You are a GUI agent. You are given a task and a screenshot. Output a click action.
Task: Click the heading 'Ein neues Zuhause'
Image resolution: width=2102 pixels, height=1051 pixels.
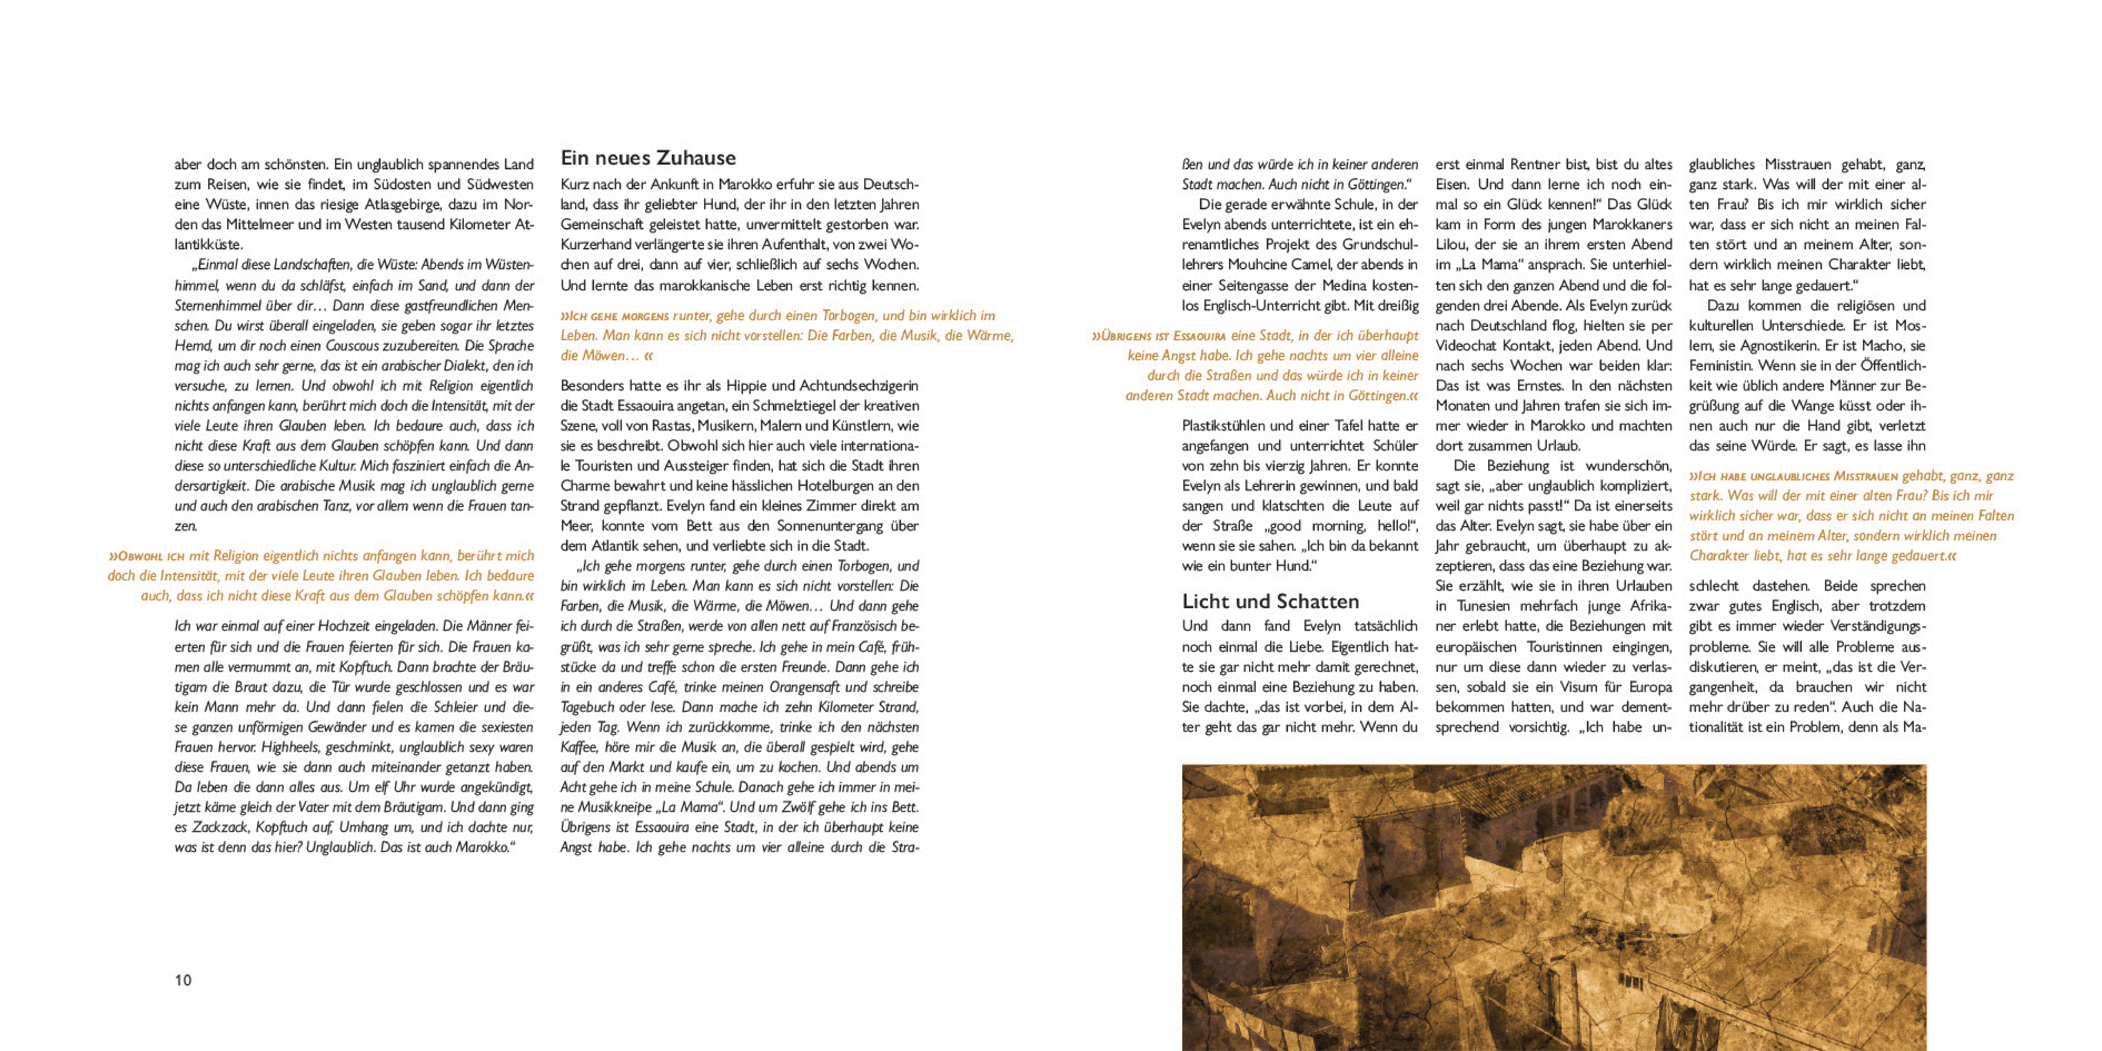click(x=648, y=158)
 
